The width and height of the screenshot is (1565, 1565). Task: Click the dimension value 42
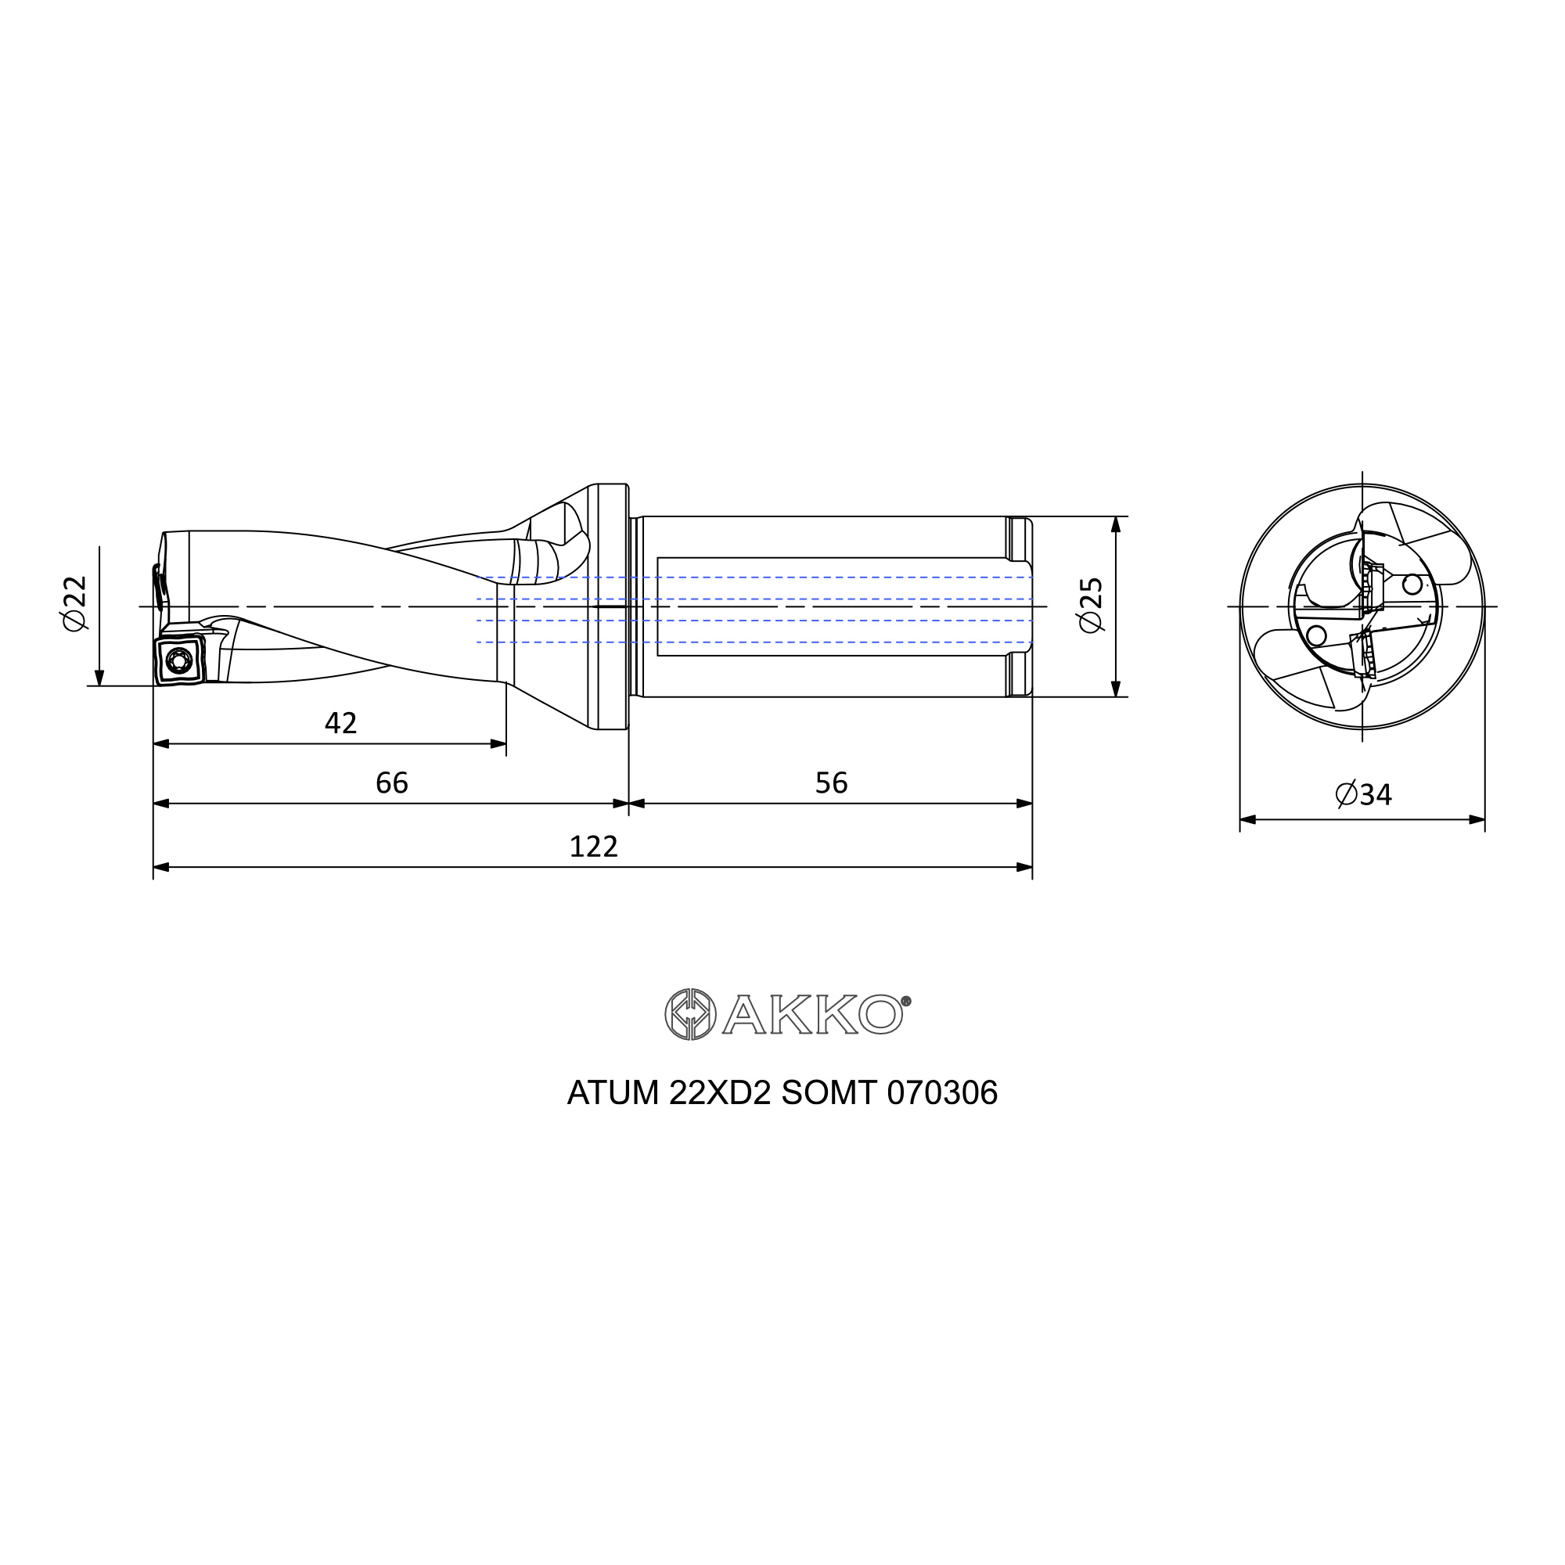coord(340,723)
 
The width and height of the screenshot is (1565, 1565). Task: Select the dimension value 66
coord(392,783)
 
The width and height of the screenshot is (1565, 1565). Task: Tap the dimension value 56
coord(831,783)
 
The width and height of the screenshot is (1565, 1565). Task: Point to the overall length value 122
coord(594,847)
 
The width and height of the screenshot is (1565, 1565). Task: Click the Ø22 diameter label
coord(74,603)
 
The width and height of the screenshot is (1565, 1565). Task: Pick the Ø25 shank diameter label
coord(1092,604)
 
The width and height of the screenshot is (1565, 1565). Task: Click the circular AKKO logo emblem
coord(690,1014)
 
